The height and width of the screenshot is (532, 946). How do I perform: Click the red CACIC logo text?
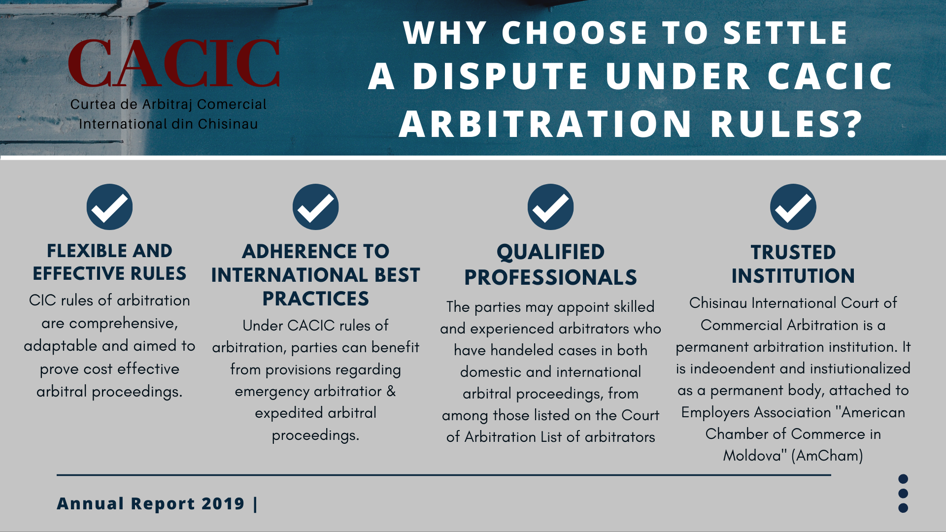174,64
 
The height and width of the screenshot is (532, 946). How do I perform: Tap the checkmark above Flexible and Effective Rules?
109,207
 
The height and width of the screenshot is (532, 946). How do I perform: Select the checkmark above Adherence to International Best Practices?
315,207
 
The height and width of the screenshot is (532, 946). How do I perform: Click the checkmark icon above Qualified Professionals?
550,207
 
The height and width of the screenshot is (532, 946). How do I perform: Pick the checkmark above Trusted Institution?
793,207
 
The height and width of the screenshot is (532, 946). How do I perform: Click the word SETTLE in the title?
785,33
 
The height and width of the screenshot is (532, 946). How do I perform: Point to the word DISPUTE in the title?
501,77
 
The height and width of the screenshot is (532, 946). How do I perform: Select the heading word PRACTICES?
315,299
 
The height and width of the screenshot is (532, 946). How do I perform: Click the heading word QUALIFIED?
550,252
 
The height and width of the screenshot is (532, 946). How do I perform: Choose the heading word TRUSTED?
793,253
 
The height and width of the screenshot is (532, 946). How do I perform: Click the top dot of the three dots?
903,479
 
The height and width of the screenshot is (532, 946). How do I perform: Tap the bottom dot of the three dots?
903,508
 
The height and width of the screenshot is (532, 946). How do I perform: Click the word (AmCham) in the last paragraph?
827,456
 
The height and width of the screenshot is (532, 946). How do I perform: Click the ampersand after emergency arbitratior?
391,391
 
